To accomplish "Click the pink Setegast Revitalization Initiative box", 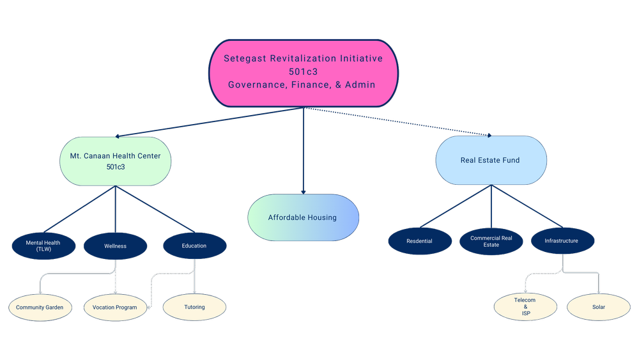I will coord(303,72).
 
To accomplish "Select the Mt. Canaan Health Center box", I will coord(115,160).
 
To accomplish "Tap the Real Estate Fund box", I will coord(490,160).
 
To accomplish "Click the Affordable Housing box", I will coord(303,217).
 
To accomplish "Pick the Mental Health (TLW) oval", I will coord(43,246).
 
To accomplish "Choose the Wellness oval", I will coord(115,246).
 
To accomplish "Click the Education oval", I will coord(194,246).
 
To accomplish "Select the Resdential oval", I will coord(419,241).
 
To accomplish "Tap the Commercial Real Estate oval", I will coord(491,241).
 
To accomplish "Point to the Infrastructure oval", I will coord(562,241).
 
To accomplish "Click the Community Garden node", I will coord(40,308).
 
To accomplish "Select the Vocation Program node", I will coord(115,308).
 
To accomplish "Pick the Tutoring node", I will coord(194,307).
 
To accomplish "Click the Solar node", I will coord(598,307).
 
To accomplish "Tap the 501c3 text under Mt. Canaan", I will coord(115,167).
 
